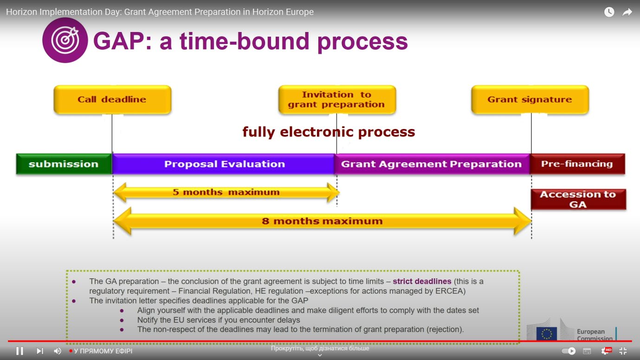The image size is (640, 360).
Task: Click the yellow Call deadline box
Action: point(112,100)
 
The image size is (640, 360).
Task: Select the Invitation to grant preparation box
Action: point(337,100)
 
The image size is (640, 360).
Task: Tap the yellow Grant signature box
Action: point(530,100)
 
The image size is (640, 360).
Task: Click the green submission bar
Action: point(64,164)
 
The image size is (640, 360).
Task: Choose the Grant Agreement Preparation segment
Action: point(432,164)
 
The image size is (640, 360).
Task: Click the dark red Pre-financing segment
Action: point(577,164)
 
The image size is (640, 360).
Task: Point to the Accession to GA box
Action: point(578,199)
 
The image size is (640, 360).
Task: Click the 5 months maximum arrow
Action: point(226,193)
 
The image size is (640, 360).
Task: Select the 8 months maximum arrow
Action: point(322,221)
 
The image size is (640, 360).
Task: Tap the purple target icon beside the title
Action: point(65,40)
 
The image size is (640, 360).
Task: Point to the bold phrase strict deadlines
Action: point(422,281)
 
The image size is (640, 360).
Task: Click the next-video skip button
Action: point(40,351)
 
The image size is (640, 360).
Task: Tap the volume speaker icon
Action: point(58,351)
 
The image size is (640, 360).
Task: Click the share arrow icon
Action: point(627,12)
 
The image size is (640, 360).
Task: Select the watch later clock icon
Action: point(609,12)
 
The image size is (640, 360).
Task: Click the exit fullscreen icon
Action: point(623,351)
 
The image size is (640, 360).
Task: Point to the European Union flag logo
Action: point(547,334)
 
